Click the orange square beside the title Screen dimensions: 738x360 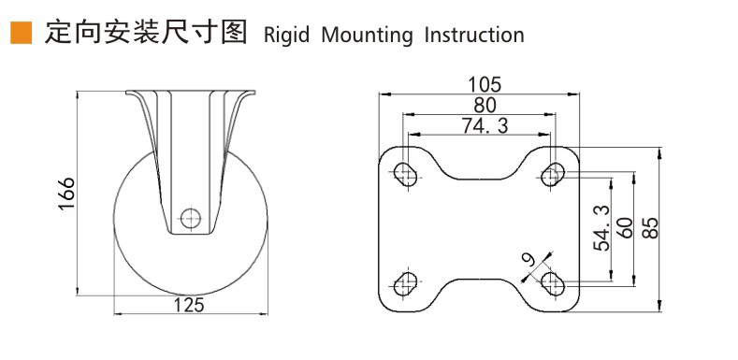click(21, 33)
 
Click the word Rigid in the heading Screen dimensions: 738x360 click(286, 36)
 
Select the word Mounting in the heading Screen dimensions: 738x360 click(367, 36)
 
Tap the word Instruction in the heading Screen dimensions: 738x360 click(474, 35)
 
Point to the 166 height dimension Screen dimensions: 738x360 click(66, 194)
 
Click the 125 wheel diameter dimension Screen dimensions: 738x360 click(190, 305)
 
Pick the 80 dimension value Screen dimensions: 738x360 click(485, 106)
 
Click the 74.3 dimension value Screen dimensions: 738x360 click(485, 125)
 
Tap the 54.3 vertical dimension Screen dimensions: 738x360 click(601, 228)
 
